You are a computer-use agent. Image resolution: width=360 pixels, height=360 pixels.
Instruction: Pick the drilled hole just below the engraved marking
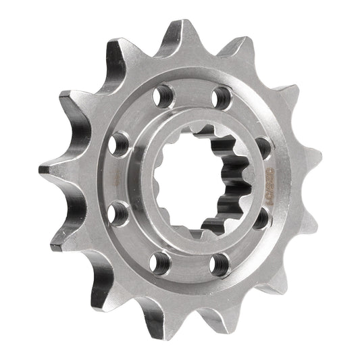(x=260, y=220)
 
